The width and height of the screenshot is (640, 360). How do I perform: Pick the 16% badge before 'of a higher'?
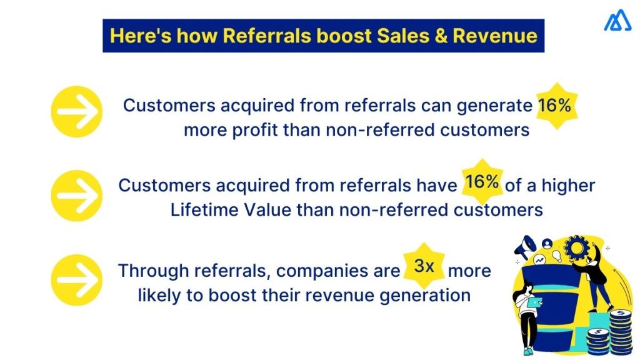(482, 182)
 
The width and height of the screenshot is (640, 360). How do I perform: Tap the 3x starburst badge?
(424, 266)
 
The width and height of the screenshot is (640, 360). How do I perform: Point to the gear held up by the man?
(576, 248)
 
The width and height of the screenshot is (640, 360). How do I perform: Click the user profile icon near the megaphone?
(548, 243)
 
